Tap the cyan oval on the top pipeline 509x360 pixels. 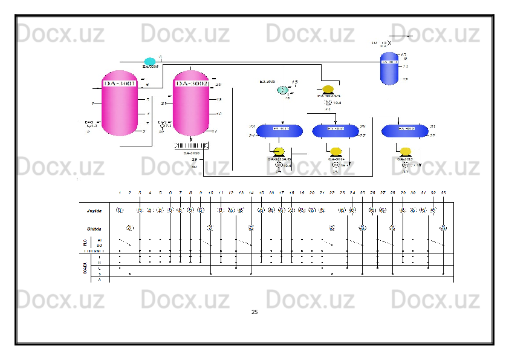tap(150, 61)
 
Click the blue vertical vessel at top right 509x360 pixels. tap(389, 68)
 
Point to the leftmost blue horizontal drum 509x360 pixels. tap(280, 129)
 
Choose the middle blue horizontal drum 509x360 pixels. tap(336, 129)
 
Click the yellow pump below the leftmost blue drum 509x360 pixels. tap(279, 152)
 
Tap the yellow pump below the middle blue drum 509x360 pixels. tap(336, 152)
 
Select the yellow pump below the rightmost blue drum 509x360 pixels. tap(406, 152)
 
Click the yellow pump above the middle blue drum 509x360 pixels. tap(328, 90)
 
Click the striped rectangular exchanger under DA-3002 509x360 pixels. tap(191, 145)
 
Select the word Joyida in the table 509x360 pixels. tap(94, 211)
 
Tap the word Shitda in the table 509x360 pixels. tap(94, 229)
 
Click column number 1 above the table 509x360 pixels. tap(120, 192)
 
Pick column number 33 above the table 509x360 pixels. tap(443, 192)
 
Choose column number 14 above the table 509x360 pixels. tap(251, 192)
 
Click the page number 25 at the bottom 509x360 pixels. tap(254, 312)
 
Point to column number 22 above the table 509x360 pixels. tap(332, 192)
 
